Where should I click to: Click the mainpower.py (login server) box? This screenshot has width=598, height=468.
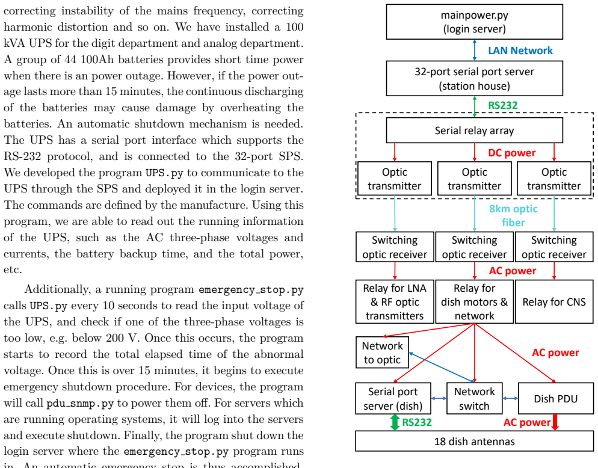[475, 22]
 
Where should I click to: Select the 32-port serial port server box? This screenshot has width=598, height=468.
[475, 79]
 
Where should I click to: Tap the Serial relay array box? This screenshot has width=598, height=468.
[475, 131]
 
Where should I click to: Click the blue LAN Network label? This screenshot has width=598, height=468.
[520, 51]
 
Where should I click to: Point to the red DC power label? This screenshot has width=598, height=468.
[512, 153]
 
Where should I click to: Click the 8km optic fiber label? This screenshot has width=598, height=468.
[513, 215]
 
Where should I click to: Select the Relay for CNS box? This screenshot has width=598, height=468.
[554, 302]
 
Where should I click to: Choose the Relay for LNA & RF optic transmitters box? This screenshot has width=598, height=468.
[395, 302]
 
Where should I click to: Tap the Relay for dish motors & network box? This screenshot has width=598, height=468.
[475, 302]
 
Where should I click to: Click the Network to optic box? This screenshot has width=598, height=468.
[382, 353]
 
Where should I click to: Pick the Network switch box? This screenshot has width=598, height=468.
[475, 399]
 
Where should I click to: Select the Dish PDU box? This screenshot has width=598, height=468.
[556, 399]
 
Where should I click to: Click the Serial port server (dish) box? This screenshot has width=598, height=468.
[393, 399]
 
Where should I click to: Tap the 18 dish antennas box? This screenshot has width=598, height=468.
[475, 442]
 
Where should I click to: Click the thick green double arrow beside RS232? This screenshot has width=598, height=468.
[395, 422]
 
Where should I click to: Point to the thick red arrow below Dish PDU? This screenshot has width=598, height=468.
[555, 422]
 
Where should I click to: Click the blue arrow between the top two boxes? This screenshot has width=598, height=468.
[475, 50]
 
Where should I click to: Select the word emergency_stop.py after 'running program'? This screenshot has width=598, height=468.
[251, 290]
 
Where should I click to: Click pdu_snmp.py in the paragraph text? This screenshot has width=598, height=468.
[80, 404]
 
